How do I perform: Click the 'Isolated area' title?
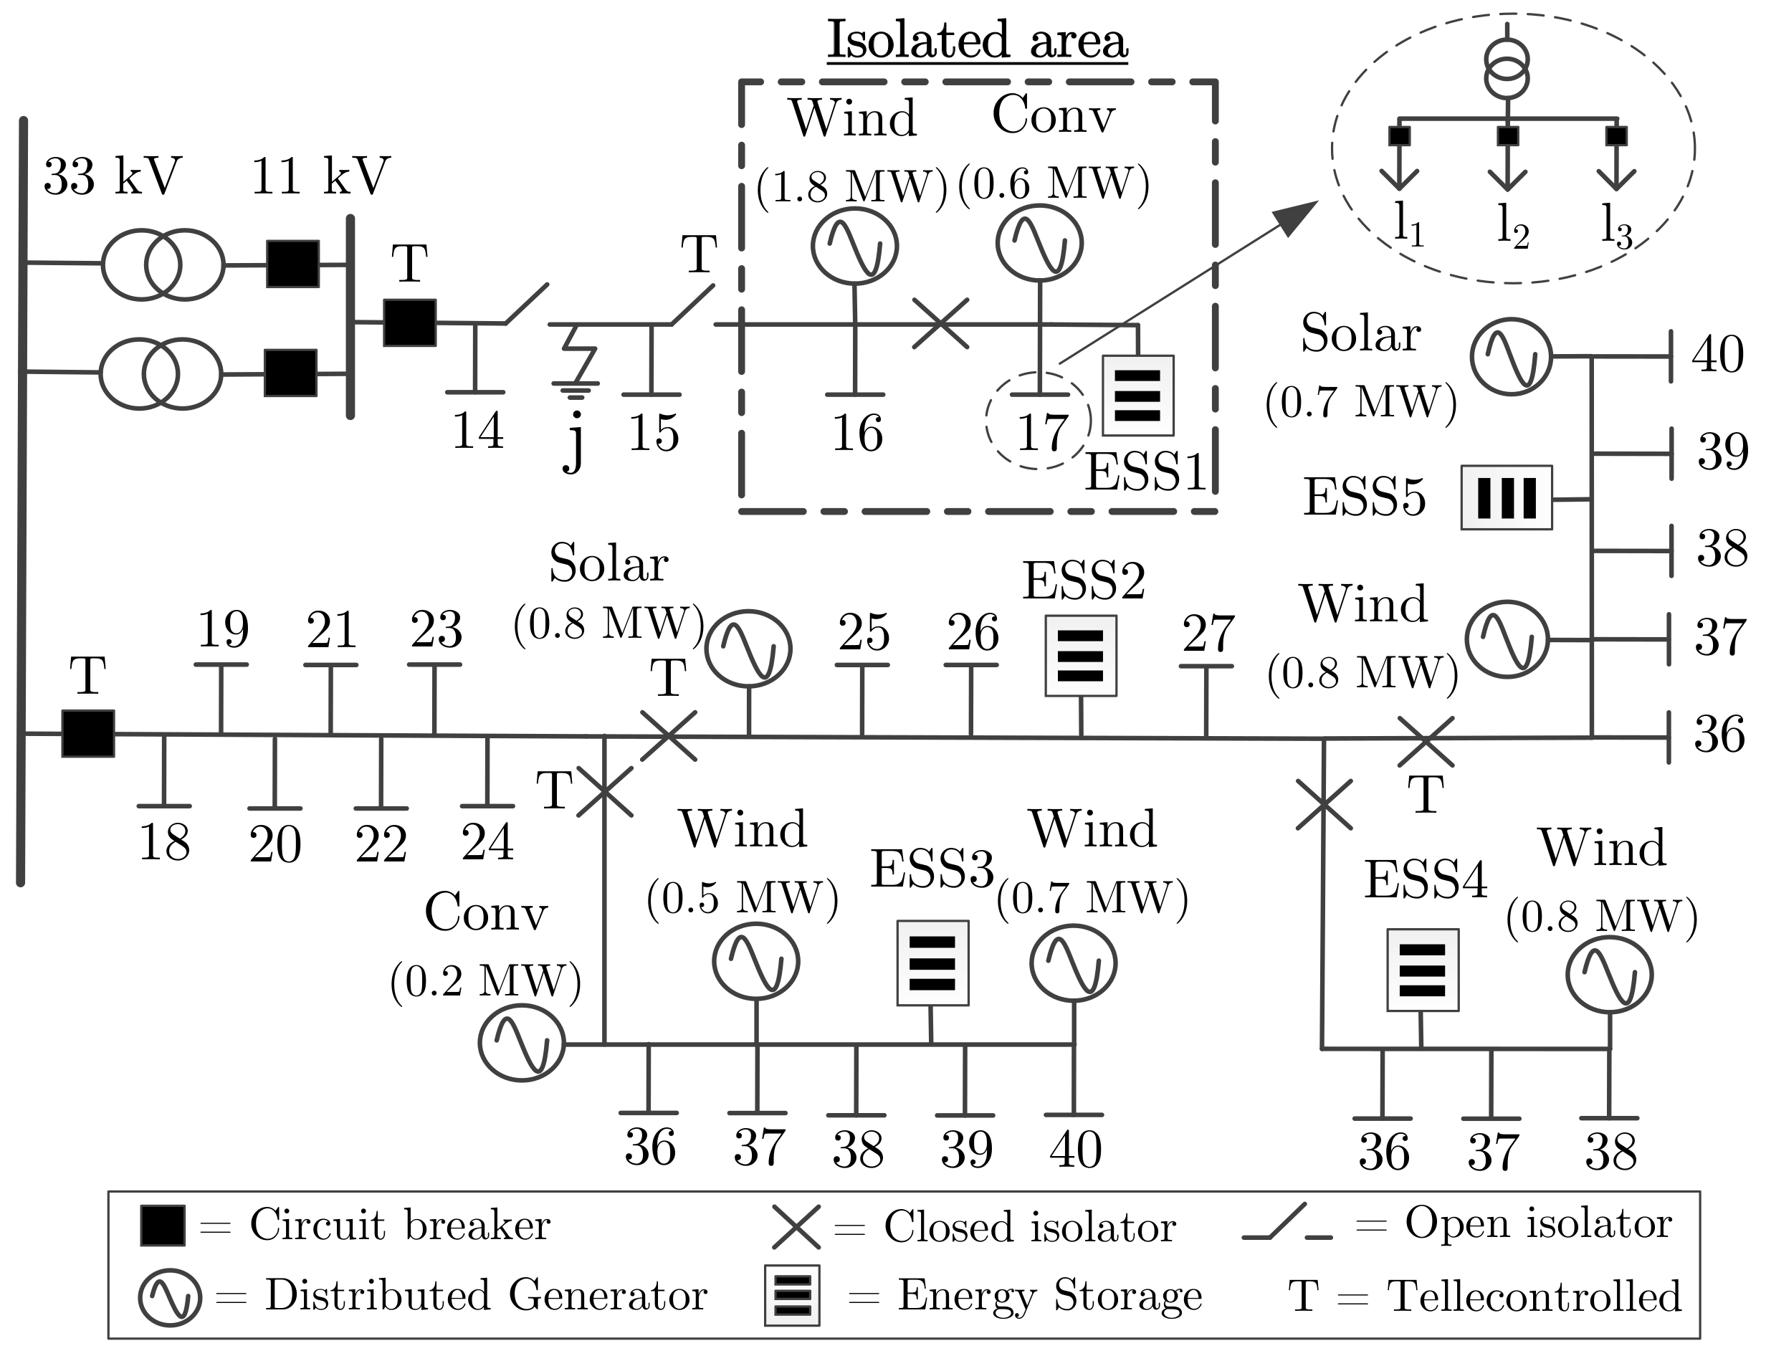tap(977, 40)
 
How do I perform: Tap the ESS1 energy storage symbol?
tap(1137, 396)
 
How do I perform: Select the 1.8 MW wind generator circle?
tap(854, 245)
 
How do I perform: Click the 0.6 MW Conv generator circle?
tap(1039, 242)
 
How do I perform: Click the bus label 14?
tap(478, 431)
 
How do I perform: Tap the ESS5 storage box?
tap(1506, 498)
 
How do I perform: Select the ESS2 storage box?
tap(1081, 655)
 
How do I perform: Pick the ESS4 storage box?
tap(1422, 970)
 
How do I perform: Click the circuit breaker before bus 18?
tap(88, 733)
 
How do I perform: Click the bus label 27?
tap(1208, 634)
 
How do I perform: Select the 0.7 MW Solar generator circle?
tap(1510, 356)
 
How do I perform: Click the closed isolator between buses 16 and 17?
tap(940, 324)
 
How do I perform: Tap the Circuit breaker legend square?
tap(162, 1226)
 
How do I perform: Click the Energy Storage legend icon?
tap(792, 1294)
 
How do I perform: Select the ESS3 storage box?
tap(932, 963)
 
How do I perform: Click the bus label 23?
tap(436, 631)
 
